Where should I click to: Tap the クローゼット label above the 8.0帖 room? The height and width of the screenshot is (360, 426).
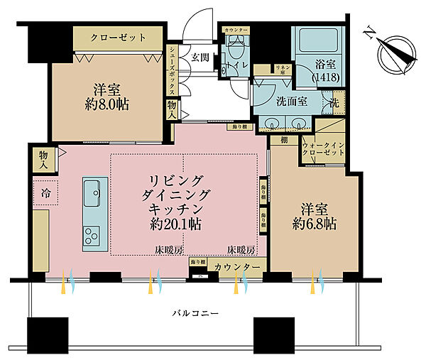point(119,37)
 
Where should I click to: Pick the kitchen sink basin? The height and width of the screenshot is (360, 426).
point(92,192)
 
